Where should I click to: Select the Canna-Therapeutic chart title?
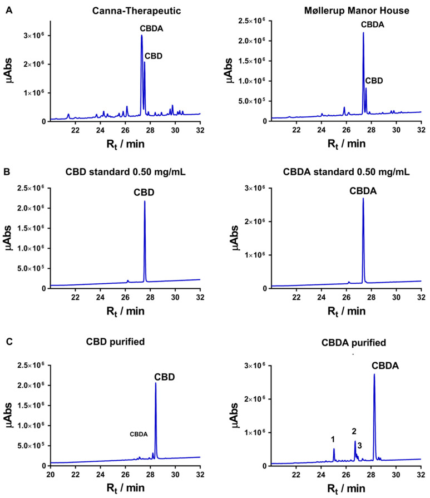pos(125,12)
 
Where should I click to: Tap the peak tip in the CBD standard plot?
pos(145,201)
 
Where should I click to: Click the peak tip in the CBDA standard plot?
pos(363,199)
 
